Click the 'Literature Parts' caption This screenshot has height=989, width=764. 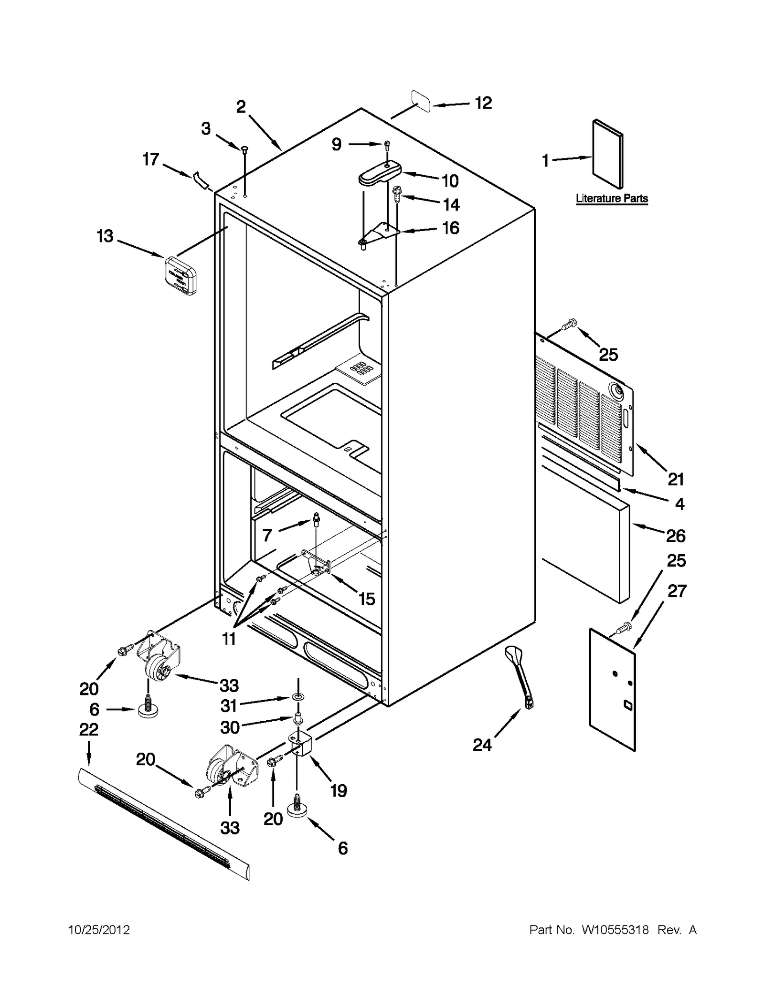click(611, 198)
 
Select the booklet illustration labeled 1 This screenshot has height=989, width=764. click(607, 154)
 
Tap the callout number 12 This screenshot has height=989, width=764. click(483, 103)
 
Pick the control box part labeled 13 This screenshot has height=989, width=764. click(180, 275)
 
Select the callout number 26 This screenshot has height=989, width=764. click(675, 536)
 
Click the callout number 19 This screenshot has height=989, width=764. click(338, 790)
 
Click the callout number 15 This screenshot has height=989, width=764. click(366, 599)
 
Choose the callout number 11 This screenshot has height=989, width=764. click(229, 638)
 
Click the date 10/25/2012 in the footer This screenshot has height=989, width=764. click(99, 930)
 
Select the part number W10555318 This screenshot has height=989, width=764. click(615, 930)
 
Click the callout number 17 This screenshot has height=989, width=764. click(150, 159)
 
